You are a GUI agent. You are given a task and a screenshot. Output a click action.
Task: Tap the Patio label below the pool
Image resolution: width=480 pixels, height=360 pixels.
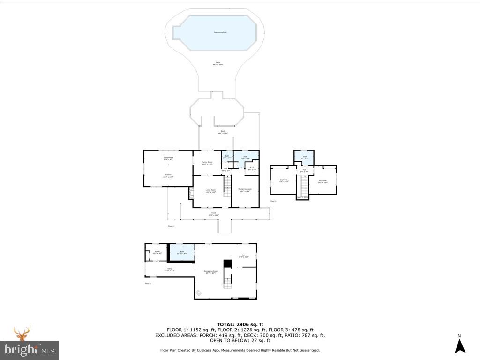(217, 63)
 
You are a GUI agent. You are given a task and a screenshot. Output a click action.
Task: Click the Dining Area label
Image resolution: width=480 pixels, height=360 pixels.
(168, 158)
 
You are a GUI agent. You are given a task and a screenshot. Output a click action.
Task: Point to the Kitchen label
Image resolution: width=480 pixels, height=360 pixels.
(168, 176)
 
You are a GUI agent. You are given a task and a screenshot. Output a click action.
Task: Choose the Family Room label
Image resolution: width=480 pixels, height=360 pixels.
(207, 163)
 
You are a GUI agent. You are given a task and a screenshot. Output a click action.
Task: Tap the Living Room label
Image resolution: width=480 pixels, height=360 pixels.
(210, 191)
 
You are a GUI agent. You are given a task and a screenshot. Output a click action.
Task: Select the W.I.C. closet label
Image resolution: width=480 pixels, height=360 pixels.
(251, 168)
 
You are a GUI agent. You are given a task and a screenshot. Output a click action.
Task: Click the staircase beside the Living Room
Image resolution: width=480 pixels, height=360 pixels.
(227, 190)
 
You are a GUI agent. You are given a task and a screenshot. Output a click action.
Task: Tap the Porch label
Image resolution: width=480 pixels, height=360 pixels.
(213, 214)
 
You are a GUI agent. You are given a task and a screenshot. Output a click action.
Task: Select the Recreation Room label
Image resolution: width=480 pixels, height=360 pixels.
(211, 272)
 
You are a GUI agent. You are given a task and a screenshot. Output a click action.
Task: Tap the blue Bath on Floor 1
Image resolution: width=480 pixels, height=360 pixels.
(182, 252)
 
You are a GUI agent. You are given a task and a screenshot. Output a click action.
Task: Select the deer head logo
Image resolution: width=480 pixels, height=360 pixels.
(22, 334)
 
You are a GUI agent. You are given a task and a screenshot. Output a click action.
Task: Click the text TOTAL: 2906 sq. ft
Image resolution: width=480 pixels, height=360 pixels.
(240, 324)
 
